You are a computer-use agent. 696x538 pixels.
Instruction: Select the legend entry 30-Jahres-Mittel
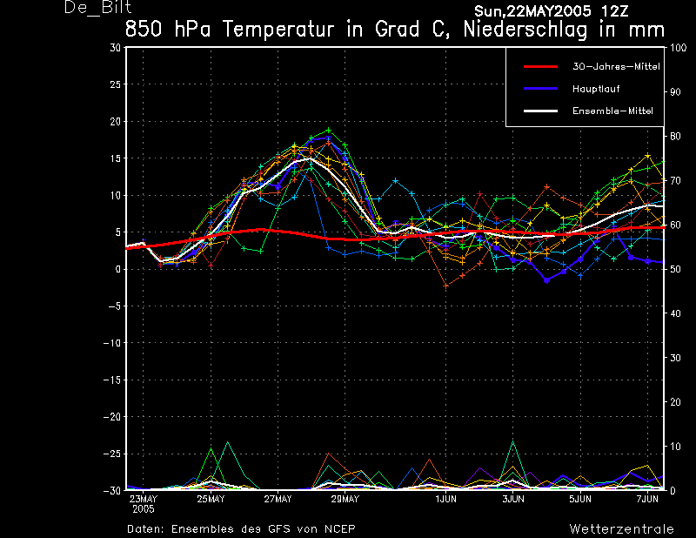click(x=608, y=66)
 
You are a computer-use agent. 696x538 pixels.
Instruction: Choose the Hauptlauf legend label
click(x=596, y=89)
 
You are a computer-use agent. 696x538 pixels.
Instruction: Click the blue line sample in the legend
click(x=539, y=89)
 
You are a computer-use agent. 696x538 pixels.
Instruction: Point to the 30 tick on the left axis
click(x=117, y=48)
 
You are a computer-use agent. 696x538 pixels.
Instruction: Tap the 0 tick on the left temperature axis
click(x=119, y=269)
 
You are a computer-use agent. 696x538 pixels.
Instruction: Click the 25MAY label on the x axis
click(x=211, y=499)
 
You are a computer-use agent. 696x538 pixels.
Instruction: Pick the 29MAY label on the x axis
click(x=345, y=499)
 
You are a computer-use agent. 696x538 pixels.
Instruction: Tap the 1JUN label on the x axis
click(x=446, y=499)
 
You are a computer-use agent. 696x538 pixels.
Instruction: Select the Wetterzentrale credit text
click(x=621, y=528)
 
